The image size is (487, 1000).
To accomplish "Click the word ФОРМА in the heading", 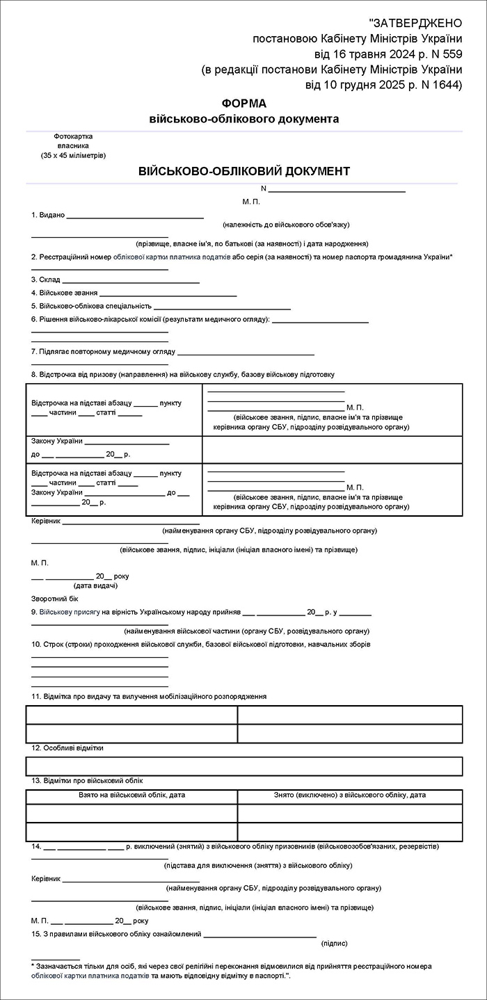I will tap(244, 104).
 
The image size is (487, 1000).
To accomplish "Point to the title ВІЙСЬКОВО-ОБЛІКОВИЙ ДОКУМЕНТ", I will tap(244, 171).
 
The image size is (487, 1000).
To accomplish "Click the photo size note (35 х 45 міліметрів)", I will tap(73, 155).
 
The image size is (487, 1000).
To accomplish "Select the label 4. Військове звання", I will tap(64, 293).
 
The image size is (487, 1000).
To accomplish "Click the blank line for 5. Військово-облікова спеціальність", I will tap(222, 308).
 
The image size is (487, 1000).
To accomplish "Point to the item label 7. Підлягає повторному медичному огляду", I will tap(103, 351).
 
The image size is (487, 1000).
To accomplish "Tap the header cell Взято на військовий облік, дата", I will tap(131, 794).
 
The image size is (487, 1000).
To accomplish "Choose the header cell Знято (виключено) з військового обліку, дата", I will tap(350, 794).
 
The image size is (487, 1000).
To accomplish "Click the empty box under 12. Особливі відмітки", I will tap(244, 766).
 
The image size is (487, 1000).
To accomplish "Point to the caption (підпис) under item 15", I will tap(335, 944).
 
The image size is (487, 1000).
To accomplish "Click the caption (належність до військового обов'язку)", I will tap(286, 225).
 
